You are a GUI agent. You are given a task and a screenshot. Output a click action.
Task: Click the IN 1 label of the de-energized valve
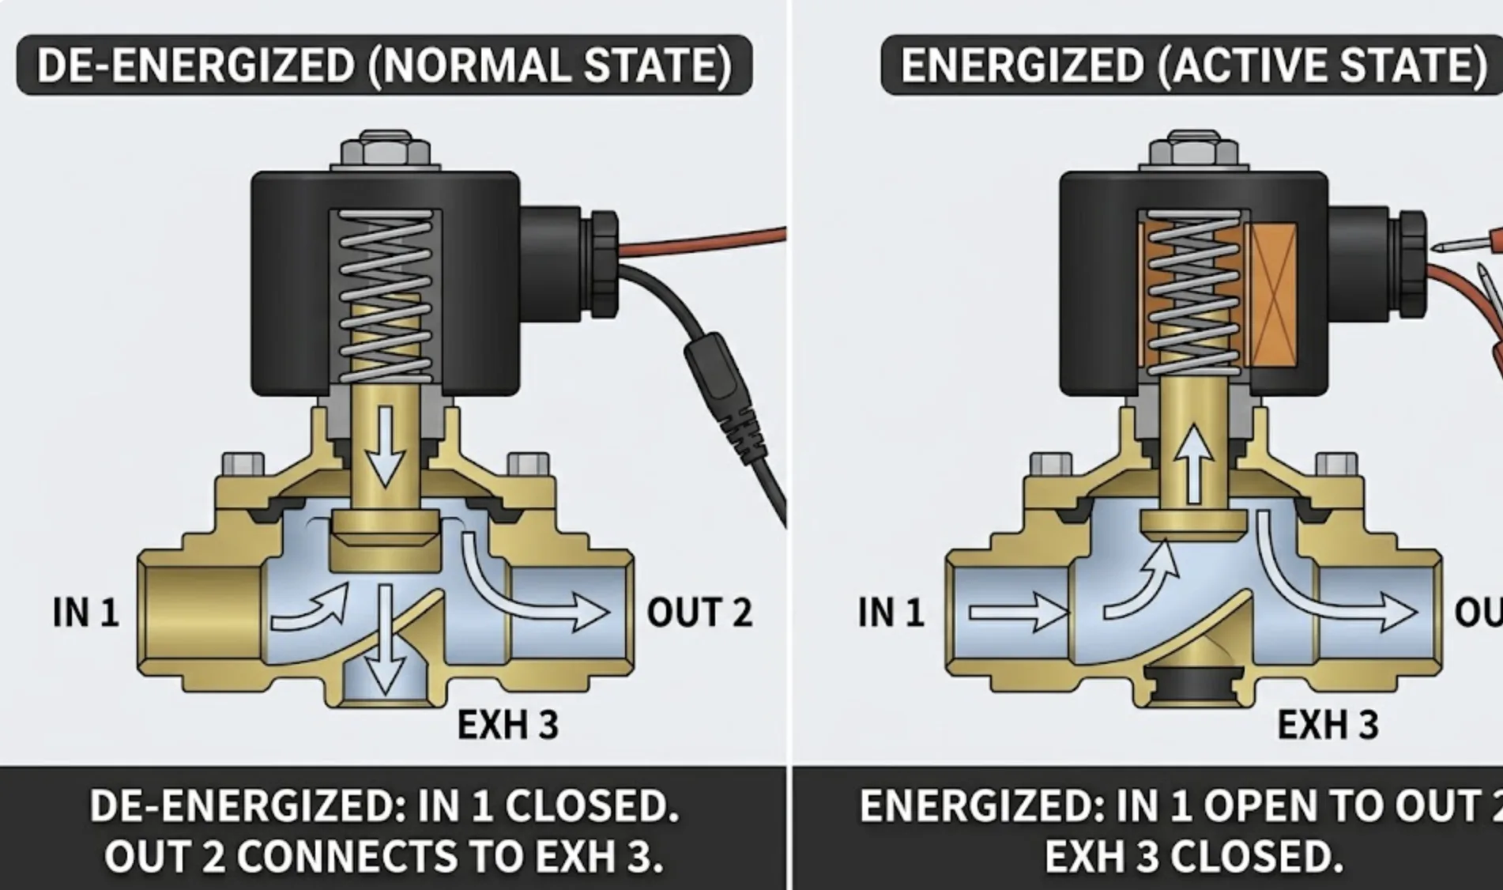pos(85,613)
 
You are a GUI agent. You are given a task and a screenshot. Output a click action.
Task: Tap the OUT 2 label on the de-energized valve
pos(699,613)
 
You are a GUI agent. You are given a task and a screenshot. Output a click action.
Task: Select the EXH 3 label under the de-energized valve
pos(508,725)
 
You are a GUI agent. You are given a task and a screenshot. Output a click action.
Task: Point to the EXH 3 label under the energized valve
pos(1328,725)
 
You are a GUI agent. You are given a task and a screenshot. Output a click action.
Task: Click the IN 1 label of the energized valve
pos(891,613)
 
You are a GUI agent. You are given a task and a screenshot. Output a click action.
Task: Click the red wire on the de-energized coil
pos(703,240)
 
